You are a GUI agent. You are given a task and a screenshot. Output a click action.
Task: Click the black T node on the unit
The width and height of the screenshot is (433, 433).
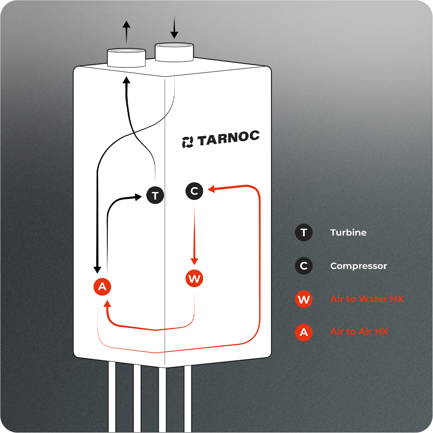coord(155,196)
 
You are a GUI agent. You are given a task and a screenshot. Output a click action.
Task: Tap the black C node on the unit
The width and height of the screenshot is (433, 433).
coord(194,191)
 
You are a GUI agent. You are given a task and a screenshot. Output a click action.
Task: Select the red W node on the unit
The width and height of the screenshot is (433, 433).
coord(194,279)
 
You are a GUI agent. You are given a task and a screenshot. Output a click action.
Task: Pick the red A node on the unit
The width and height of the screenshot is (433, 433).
coord(102,287)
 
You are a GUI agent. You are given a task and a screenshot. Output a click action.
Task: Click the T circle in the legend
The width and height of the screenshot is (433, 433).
coord(304,233)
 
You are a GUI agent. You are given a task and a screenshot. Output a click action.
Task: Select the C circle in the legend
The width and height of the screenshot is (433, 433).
coord(304,266)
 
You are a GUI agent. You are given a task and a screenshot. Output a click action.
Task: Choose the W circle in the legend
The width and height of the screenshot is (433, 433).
coord(304,299)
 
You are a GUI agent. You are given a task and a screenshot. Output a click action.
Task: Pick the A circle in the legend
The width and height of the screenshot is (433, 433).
coord(304,332)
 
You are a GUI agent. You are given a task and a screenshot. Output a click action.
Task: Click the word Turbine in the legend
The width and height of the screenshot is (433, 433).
coord(348,233)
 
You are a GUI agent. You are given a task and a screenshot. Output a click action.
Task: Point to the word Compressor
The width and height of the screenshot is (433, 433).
coord(358,266)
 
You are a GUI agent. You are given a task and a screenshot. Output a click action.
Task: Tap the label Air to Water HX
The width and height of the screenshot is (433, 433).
coord(367,299)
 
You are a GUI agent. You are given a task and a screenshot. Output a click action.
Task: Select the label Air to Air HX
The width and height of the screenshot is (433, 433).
coord(359,332)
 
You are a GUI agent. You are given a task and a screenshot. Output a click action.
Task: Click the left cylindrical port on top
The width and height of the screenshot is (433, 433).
coord(126,57)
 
